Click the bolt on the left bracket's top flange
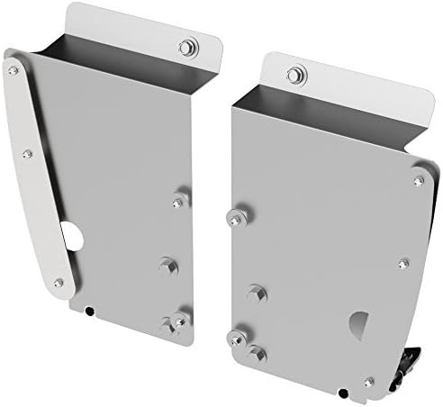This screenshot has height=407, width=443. tap(186, 48)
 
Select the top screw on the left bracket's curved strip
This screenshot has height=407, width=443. tap(13, 68)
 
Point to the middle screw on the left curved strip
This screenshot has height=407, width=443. tap(28, 154)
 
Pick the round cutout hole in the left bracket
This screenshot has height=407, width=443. tap(71, 233)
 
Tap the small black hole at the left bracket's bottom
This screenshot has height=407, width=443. tap(90, 312)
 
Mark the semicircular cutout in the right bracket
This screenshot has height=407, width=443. tap(357, 324)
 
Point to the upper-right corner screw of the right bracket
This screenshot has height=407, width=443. tap(417, 180)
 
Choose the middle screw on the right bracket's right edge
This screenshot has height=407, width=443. tap(403, 264)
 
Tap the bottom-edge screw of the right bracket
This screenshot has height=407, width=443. tap(369, 382)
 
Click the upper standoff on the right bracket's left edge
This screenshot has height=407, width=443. tap(235, 214)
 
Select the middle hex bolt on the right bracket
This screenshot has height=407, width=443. tap(256, 292)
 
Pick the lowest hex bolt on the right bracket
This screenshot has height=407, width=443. tap(257, 352)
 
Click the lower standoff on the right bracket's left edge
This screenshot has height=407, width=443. tap(236, 337)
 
